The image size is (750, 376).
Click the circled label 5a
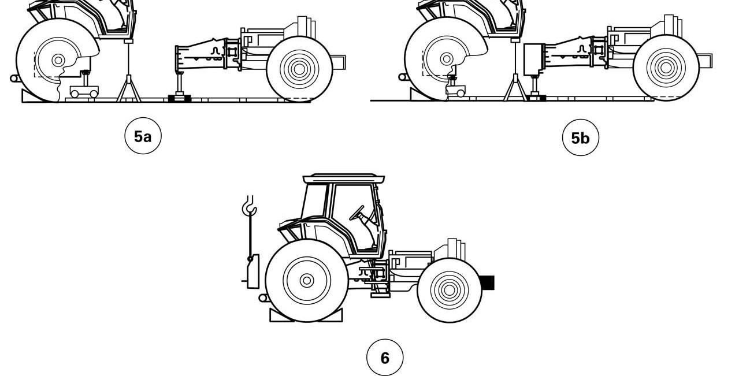point(143,136)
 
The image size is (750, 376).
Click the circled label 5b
point(581,137)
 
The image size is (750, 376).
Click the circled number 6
point(385,358)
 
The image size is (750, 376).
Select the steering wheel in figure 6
point(357,213)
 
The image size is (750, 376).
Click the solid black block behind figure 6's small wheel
point(487,282)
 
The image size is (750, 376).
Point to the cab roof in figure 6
point(344,178)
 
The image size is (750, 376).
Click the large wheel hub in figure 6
point(307,280)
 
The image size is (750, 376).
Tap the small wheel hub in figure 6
point(450,291)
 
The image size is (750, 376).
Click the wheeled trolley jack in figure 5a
point(84,88)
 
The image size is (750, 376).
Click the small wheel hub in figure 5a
point(299,69)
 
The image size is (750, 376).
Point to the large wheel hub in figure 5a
point(58,61)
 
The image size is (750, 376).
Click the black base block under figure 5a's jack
point(180,98)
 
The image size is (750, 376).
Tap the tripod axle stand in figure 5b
point(515,70)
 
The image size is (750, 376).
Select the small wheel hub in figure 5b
point(666,68)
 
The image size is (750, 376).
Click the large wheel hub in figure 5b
point(446,59)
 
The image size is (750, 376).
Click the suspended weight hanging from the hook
point(253,271)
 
